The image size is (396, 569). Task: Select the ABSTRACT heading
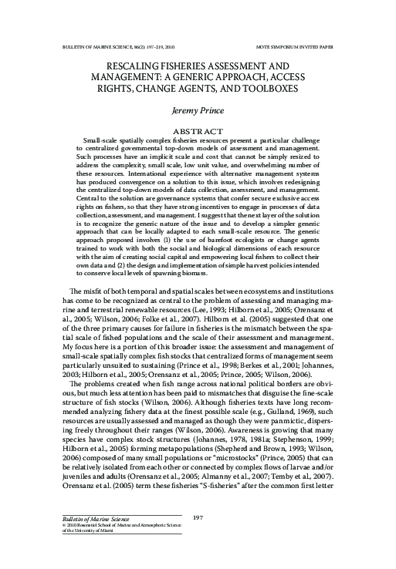point(198,131)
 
